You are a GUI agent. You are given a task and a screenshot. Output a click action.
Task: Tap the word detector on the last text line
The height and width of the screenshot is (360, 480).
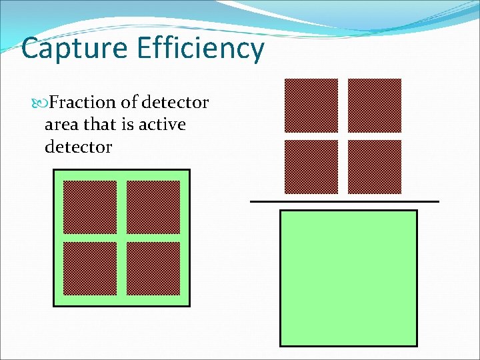pyautogui.click(x=78, y=147)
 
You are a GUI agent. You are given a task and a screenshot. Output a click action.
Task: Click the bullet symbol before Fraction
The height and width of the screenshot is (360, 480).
pyautogui.click(x=40, y=103)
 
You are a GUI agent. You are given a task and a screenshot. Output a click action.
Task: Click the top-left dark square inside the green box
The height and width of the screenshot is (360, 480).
pyautogui.click(x=90, y=207)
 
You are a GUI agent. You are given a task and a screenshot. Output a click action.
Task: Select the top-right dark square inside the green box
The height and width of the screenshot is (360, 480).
pyautogui.click(x=153, y=207)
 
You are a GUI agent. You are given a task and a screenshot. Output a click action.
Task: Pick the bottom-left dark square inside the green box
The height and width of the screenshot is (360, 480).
pyautogui.click(x=90, y=268)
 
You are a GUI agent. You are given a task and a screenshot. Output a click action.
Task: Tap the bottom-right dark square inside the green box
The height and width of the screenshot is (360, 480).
pyautogui.click(x=153, y=268)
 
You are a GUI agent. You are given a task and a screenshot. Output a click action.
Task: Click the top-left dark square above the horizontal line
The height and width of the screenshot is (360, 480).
pyautogui.click(x=311, y=106)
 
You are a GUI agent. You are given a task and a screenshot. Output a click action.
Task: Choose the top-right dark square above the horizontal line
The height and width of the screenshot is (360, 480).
pyautogui.click(x=375, y=106)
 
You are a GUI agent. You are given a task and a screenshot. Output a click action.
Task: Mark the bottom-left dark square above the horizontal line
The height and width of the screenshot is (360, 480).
pyautogui.click(x=311, y=167)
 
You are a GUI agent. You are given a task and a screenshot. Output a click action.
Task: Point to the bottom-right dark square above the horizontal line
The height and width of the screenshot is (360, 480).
pyautogui.click(x=375, y=167)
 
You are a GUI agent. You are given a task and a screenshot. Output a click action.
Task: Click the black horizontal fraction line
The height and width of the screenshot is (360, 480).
pyautogui.click(x=345, y=201)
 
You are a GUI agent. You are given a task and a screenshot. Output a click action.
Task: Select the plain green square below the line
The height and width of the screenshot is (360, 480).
pyautogui.click(x=348, y=279)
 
